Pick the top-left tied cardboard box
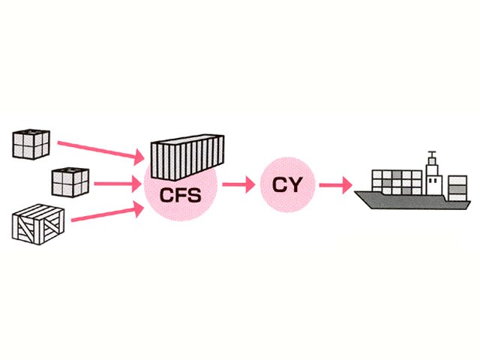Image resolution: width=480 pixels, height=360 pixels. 31,143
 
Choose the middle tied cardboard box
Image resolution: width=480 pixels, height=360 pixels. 70,181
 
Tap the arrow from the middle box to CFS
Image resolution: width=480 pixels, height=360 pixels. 120,182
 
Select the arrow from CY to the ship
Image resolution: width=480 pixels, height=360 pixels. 334,184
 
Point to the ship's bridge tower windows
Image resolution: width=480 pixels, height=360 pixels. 433,179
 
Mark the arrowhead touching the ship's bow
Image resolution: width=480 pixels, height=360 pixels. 348,184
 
